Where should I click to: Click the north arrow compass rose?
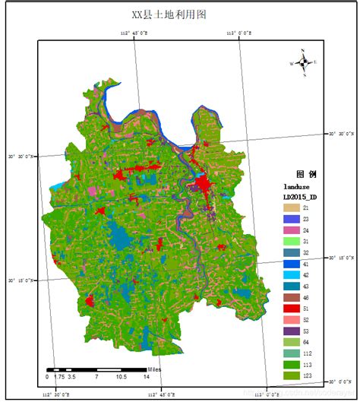(303, 63)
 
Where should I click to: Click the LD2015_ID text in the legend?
(301, 196)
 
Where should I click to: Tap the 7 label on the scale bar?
(96, 377)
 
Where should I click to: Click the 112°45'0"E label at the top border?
(134, 33)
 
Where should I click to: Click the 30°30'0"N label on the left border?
(21, 156)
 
